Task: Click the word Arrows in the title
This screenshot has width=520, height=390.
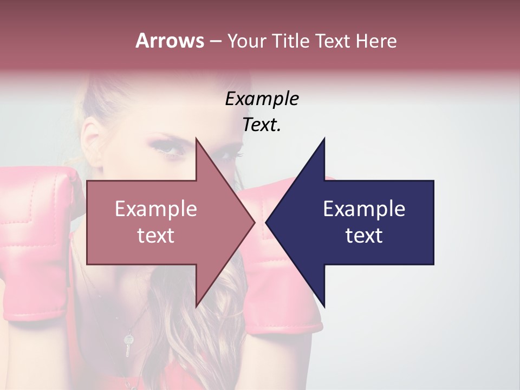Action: pyautogui.click(x=169, y=41)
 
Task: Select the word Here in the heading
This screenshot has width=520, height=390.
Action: pyautogui.click(x=376, y=41)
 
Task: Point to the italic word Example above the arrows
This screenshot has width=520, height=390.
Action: pyautogui.click(x=262, y=99)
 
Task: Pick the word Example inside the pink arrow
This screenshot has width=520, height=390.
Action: pyautogui.click(x=156, y=209)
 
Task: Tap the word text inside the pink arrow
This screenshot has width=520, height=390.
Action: pyautogui.click(x=156, y=236)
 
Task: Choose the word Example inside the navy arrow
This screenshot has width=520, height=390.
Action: pyautogui.click(x=364, y=209)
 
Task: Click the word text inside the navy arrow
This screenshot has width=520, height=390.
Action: pyautogui.click(x=364, y=236)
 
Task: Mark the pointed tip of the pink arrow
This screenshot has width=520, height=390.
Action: pyautogui.click(x=255, y=222)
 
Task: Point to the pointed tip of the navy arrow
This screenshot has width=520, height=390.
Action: pyautogui.click(x=266, y=222)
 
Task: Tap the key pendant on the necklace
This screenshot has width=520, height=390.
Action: pyautogui.click(x=128, y=344)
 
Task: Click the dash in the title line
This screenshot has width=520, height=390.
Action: pyautogui.click(x=215, y=42)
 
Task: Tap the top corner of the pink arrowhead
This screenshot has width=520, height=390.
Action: pyautogui.click(x=196, y=138)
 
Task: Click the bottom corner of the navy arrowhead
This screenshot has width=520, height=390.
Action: pyautogui.click(x=324, y=307)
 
